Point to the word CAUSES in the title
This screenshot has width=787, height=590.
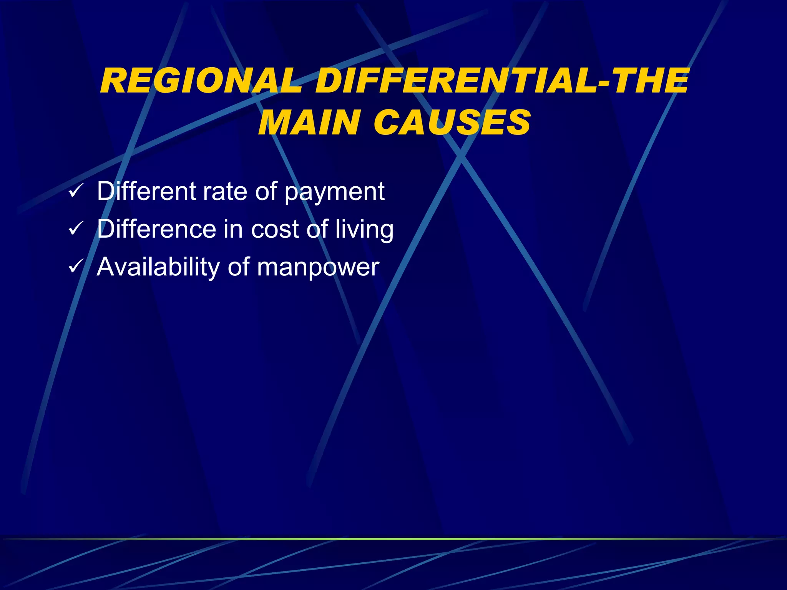point(452,122)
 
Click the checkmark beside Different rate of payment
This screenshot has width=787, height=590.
point(76,191)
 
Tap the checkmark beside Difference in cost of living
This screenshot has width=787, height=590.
point(76,229)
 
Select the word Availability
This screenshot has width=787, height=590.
point(158,267)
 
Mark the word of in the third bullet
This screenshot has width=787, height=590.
point(238,267)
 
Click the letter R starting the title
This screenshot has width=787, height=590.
point(112,81)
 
